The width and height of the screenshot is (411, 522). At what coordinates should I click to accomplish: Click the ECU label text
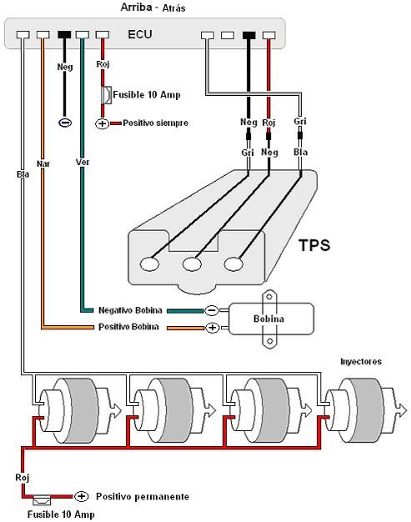pyautogui.click(x=140, y=34)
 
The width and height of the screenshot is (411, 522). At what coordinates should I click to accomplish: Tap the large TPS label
pyautogui.click(x=314, y=245)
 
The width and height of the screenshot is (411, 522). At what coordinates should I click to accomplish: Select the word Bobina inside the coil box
pyautogui.click(x=269, y=319)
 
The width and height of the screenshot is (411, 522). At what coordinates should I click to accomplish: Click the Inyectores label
pyautogui.click(x=361, y=362)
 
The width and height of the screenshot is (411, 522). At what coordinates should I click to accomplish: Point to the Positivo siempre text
pyautogui.click(x=155, y=123)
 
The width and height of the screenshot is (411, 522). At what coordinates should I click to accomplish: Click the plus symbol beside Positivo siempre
pyautogui.click(x=103, y=124)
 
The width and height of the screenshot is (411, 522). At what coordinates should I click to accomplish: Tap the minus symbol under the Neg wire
pyautogui.click(x=65, y=123)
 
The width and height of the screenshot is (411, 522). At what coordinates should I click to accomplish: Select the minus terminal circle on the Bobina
pyautogui.click(x=212, y=310)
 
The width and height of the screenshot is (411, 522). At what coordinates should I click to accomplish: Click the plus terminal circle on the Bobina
pyautogui.click(x=212, y=328)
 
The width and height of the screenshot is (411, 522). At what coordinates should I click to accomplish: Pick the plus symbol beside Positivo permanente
pyautogui.click(x=81, y=496)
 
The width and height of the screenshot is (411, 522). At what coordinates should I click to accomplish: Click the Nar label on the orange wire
pyautogui.click(x=43, y=163)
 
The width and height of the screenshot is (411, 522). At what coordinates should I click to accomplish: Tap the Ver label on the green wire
pyautogui.click(x=83, y=162)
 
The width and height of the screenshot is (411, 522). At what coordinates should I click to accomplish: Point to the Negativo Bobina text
pyautogui.click(x=130, y=310)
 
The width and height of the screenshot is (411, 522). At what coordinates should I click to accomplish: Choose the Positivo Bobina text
pyautogui.click(x=128, y=327)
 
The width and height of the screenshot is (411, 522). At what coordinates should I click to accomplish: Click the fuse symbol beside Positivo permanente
pyautogui.click(x=42, y=499)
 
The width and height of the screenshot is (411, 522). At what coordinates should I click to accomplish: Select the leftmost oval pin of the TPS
pyautogui.click(x=149, y=264)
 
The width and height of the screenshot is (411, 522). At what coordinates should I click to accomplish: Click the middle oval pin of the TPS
pyautogui.click(x=192, y=264)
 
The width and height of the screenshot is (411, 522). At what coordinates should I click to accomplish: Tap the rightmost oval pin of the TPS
pyautogui.click(x=233, y=264)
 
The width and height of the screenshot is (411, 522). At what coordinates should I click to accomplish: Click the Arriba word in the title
pyautogui.click(x=136, y=7)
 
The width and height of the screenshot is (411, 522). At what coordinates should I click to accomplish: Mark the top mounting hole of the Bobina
pyautogui.click(x=269, y=297)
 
